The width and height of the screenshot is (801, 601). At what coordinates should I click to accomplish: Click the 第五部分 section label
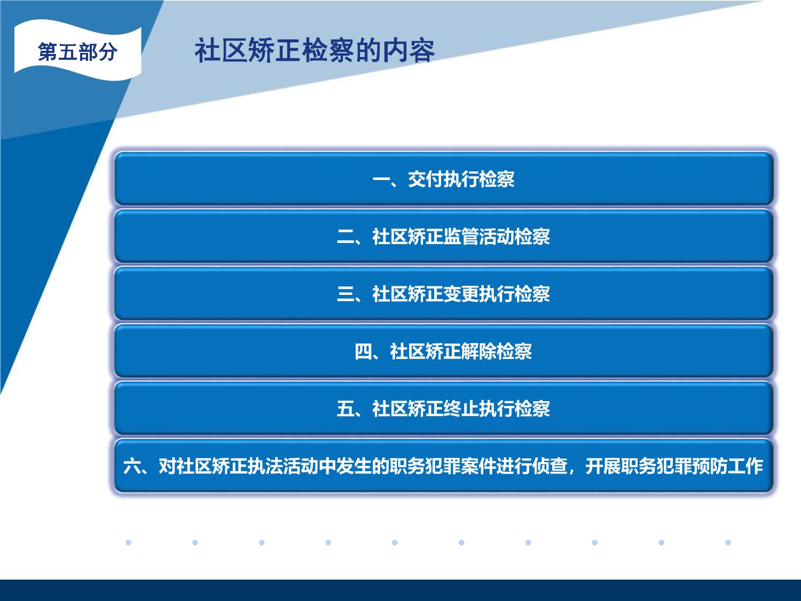coord(77,51)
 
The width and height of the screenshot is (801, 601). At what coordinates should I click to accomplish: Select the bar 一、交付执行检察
coord(444,179)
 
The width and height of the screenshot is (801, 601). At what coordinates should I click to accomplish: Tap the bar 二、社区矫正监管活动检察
coord(444,236)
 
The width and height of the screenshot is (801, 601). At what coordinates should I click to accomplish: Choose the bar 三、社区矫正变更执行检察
coord(444,293)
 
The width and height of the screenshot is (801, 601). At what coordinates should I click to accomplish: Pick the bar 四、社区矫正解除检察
coord(444,351)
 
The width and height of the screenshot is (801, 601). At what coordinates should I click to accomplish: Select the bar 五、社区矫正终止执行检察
coord(444,408)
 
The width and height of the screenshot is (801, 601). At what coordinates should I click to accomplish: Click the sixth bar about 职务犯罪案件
coord(444,466)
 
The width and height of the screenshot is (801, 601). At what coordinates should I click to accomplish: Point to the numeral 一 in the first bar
coord(381,179)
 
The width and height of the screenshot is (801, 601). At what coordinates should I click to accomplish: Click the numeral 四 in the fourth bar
coord(363,352)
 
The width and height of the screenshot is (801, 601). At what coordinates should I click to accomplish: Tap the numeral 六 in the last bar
coord(131,466)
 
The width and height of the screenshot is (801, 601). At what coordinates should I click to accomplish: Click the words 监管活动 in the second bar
coord(478,236)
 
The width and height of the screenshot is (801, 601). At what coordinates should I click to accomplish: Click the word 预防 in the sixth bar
coord(709,466)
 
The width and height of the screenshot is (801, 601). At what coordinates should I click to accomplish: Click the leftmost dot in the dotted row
coord(129,543)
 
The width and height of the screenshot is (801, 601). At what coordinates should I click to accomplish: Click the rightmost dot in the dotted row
coord(728,543)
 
